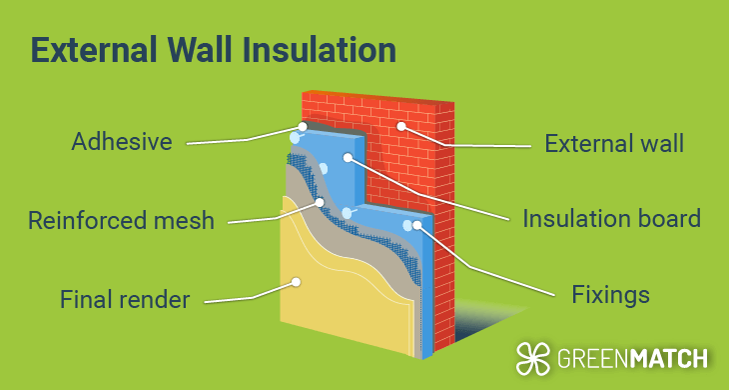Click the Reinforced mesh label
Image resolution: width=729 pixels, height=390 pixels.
click(121, 220)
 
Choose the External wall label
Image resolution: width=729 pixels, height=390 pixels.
click(614, 143)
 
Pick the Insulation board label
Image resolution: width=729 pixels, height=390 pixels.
click(612, 218)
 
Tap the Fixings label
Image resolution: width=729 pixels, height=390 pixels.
click(612, 295)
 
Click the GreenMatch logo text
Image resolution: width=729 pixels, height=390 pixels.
click(630, 357)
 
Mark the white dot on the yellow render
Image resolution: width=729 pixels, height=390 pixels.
click(296, 282)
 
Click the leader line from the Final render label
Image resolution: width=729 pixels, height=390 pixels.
click(250, 294)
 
